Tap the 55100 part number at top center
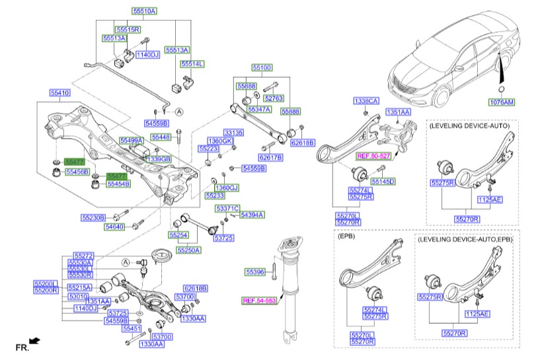point(262,68)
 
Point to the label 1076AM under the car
point(502,102)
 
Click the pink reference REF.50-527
point(373,156)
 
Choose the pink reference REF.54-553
point(258,301)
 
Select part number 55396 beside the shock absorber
point(254,271)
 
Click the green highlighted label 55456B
point(77,172)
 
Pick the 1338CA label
point(366,101)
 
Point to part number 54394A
point(252,215)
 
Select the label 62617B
point(271,158)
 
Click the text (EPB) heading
point(346,235)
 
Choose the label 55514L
point(192,64)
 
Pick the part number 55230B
point(93,217)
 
